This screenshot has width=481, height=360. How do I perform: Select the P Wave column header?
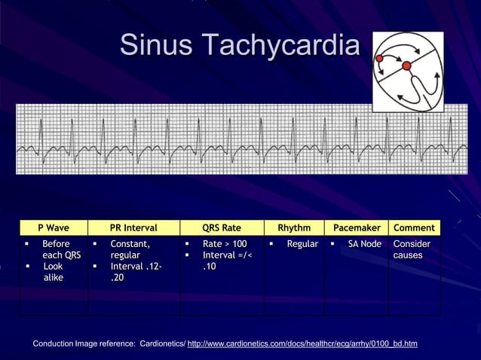point(54,227)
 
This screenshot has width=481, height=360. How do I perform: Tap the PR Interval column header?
point(133,227)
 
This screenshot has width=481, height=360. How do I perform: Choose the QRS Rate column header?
point(222,227)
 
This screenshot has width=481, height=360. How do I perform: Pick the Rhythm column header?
point(294,227)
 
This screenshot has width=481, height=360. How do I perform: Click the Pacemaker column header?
point(356,227)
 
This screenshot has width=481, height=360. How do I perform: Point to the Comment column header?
point(414,227)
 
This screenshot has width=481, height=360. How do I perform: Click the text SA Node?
point(364,244)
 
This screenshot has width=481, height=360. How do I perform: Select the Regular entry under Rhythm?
point(302,244)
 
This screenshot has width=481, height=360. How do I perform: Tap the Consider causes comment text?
point(412,249)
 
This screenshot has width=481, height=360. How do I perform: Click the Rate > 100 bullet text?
point(225,244)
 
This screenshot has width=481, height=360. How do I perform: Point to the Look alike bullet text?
point(54,272)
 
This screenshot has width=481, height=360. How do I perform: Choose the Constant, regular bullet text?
point(130,249)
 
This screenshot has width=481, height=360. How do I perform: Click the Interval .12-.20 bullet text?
point(135,272)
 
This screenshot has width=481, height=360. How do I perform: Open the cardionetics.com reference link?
point(302,344)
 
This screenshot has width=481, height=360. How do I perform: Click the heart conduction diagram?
point(407,72)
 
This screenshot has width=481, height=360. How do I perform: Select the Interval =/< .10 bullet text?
point(227,261)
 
